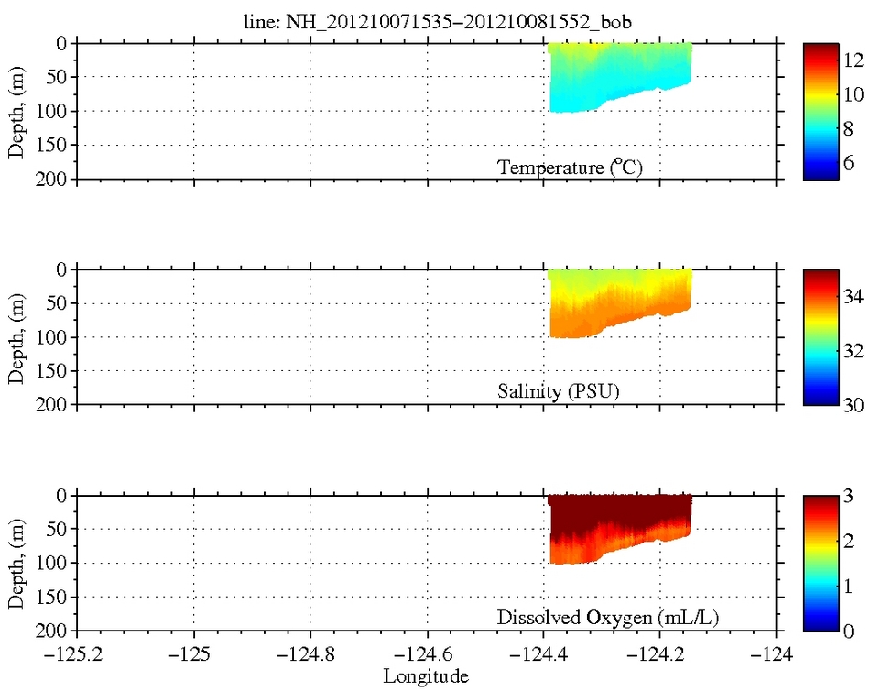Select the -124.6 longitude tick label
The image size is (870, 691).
pos(427,655)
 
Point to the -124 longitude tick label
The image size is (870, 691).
pos(777,655)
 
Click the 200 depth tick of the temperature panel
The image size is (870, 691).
pos(54,179)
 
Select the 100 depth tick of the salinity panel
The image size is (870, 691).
pos(54,337)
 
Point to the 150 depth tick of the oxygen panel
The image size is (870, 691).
pos(54,597)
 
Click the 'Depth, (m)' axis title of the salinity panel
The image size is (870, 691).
pos(17,337)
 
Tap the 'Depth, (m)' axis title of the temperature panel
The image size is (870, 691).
pos(17,111)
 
